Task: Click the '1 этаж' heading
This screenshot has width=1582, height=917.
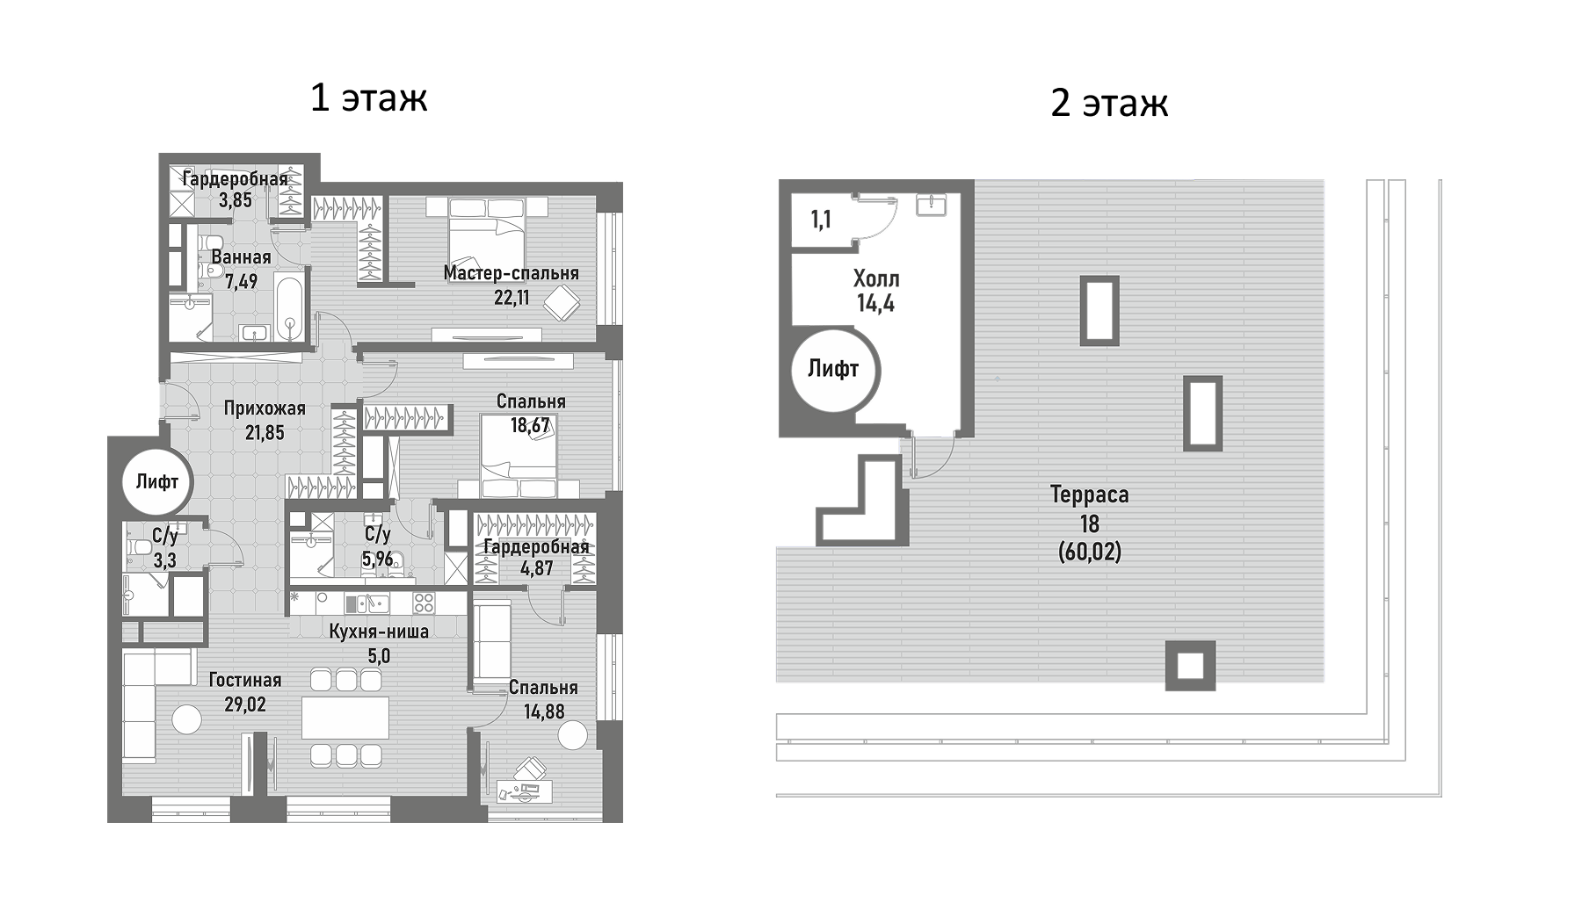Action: click(368, 97)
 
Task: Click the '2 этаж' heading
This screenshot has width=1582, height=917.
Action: click(1108, 103)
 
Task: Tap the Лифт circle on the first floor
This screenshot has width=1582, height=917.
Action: click(156, 481)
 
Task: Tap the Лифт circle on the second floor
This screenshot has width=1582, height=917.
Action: click(832, 369)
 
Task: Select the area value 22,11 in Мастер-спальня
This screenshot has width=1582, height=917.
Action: click(512, 297)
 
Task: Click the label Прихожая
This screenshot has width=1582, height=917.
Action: click(264, 408)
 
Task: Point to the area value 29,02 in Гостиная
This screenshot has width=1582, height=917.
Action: click(244, 704)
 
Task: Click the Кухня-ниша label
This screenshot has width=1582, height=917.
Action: click(379, 632)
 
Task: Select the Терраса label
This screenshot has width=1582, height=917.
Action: click(1089, 495)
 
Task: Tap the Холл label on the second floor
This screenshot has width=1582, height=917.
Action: click(875, 279)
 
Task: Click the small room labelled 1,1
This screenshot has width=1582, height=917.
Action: click(820, 219)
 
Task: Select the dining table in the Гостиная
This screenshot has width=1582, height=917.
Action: click(345, 717)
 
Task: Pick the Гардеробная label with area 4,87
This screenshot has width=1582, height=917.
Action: click(535, 547)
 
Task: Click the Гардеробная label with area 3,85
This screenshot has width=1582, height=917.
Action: click(235, 179)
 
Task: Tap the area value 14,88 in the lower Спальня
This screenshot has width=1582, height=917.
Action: click(544, 711)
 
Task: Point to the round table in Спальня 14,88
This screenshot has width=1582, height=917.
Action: click(572, 735)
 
